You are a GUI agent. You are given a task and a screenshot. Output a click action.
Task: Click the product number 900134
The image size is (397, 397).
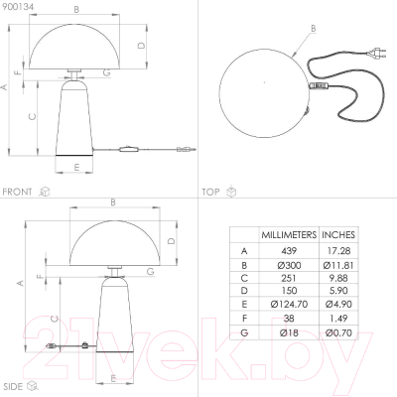click(18, 7)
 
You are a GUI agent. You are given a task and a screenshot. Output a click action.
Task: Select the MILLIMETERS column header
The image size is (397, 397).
click(289, 235)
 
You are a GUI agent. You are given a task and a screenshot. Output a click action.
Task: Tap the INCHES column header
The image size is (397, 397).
click(338, 235)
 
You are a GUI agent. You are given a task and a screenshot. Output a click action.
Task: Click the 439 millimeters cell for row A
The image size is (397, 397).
click(289, 251)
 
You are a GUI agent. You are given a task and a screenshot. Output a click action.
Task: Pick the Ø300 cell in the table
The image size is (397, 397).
click(289, 265)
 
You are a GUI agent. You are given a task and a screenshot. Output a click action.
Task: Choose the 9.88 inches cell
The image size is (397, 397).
click(338, 278)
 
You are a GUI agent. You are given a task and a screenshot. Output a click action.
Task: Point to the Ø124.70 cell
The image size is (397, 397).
click(289, 304)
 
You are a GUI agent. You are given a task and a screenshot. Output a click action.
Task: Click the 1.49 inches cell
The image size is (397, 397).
click(338, 319)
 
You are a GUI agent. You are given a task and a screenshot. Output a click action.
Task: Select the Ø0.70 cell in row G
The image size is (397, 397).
click(338, 332)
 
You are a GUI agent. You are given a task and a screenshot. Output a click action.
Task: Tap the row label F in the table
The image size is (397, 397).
click(244, 319)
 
